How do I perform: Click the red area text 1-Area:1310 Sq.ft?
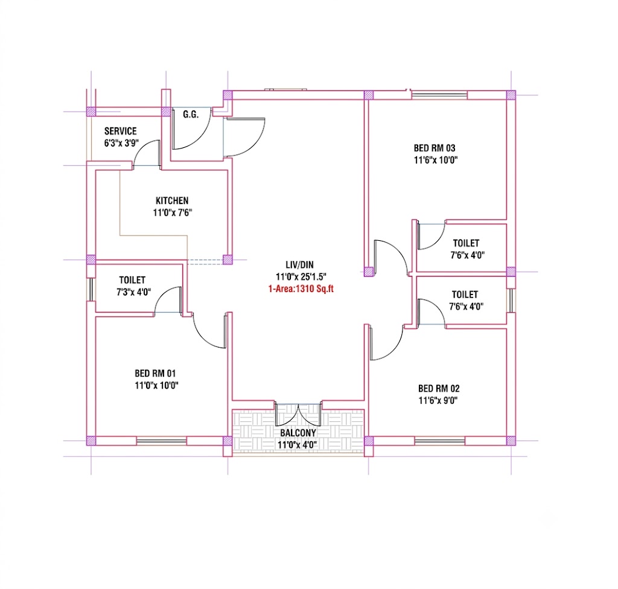click(301, 289)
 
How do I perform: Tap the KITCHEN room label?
click(172, 200)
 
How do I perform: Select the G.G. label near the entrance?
click(191, 114)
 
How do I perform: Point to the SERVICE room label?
click(121, 131)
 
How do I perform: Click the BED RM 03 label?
click(435, 148)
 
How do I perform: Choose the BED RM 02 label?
click(439, 388)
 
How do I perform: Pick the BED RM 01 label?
click(155, 373)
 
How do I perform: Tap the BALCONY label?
click(298, 433)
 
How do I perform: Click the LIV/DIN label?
click(299, 265)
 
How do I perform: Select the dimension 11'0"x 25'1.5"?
click(301, 277)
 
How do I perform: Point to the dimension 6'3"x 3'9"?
click(121, 143)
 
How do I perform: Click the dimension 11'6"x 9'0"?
click(438, 401)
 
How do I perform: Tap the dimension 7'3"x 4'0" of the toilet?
click(133, 292)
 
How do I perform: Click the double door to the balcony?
click(298, 415)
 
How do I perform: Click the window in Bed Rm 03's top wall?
click(439, 95)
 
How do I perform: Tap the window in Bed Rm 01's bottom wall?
click(162, 441)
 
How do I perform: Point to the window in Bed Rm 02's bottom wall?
click(440, 441)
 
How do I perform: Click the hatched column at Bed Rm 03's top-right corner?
click(511, 95)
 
